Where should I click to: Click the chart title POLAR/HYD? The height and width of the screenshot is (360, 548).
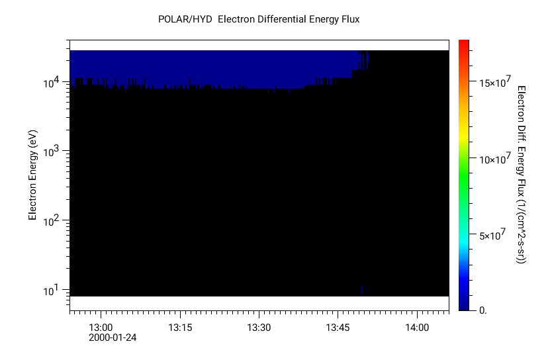[186, 19]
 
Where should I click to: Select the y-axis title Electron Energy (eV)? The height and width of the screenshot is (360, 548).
[32, 175]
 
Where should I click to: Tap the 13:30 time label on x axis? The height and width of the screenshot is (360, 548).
[259, 328]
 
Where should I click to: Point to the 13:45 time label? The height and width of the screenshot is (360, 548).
[338, 328]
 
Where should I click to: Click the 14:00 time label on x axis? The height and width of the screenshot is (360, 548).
[417, 328]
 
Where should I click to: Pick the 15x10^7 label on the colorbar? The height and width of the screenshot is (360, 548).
[494, 83]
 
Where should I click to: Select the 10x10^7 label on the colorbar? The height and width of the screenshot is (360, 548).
[494, 159]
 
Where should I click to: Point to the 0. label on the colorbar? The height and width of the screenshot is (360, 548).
[482, 310]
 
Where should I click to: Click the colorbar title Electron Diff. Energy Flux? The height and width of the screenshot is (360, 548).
[521, 175]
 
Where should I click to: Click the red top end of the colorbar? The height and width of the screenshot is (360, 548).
[464, 42]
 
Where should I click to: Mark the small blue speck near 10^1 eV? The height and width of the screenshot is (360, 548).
[362, 289]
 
